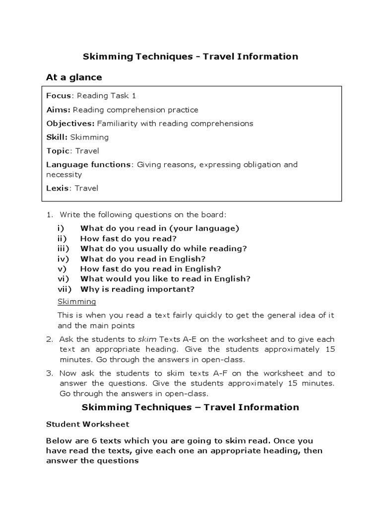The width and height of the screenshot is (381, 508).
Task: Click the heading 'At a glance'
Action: pos(74,77)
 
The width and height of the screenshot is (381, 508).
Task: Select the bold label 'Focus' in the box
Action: pos(59,96)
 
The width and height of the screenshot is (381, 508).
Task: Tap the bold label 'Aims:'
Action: pos(59,110)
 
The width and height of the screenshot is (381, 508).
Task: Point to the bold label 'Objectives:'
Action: pos(70,124)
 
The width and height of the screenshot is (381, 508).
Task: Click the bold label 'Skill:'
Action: pos(57,137)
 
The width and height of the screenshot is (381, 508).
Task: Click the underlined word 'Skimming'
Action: pos(77,302)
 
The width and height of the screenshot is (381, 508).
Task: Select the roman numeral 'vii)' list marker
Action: pos(64,289)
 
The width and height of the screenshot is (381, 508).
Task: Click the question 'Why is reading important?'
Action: pos(137,289)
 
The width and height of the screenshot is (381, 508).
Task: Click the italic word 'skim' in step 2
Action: pos(146,339)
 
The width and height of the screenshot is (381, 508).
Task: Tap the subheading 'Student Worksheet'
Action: pos(88,424)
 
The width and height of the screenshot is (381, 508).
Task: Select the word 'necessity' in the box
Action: pos(64,175)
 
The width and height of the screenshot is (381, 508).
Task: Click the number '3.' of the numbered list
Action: pos(49,373)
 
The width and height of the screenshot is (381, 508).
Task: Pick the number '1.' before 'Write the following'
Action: pos(49,215)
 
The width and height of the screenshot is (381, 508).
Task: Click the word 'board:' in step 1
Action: pos(215,215)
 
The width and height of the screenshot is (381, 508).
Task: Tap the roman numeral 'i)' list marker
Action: pos(61,228)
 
